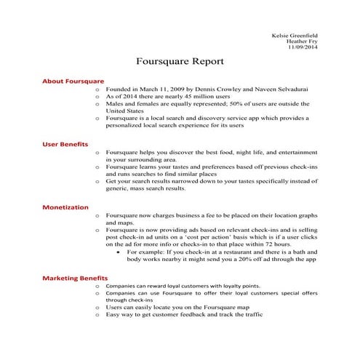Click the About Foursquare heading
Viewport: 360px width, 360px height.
[73, 81]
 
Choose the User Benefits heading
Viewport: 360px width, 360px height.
[67, 144]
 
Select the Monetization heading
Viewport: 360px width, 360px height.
[65, 207]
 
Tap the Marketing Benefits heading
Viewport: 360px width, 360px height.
[75, 278]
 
